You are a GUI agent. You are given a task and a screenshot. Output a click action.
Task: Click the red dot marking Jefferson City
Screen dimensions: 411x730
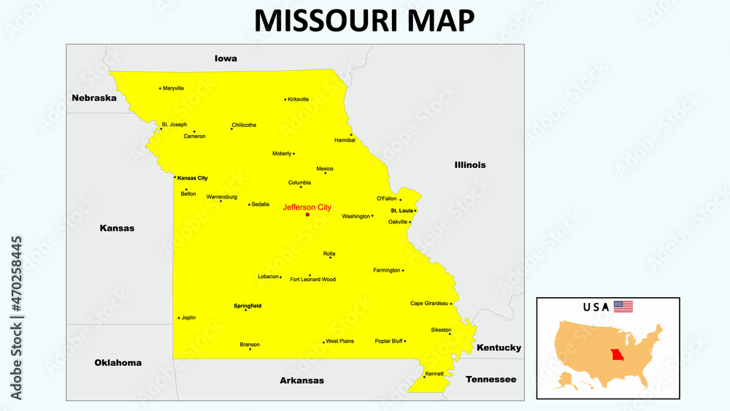pos(307,215)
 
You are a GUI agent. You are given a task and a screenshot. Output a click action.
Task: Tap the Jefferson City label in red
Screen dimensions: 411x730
pos(307,207)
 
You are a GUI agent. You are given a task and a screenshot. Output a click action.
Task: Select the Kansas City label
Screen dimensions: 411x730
pos(193,178)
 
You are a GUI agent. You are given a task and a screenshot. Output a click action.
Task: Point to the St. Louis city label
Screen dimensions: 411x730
pos(401,210)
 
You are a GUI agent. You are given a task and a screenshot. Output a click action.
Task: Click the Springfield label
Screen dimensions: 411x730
pos(247,306)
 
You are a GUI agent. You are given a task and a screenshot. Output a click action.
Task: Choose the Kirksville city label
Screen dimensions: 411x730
pos(299,99)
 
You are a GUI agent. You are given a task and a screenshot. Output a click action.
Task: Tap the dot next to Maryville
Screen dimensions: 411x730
pos(160,88)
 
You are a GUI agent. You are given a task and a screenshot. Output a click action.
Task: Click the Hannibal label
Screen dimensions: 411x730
pos(345,140)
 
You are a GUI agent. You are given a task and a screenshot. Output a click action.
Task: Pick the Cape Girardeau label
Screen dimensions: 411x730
pos(429,303)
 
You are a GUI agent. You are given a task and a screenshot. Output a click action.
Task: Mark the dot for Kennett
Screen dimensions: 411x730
pos(424,377)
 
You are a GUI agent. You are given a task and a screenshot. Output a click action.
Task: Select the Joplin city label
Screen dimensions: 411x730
pos(188,318)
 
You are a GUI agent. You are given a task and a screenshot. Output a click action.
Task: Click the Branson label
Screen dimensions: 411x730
pos(250,344)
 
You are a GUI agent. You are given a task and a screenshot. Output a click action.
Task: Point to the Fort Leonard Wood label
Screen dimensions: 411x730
pos(313,280)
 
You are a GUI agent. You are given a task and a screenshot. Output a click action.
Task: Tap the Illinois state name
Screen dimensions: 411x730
pos(470,165)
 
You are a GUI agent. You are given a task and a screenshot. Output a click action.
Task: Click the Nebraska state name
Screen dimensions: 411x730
pos(94,98)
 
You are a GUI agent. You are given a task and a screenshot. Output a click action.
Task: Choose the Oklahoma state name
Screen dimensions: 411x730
pos(118,363)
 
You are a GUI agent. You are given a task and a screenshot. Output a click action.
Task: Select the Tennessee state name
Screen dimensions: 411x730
pos(491,380)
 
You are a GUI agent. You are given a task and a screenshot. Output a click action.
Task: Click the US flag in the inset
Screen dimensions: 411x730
pos(623,307)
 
